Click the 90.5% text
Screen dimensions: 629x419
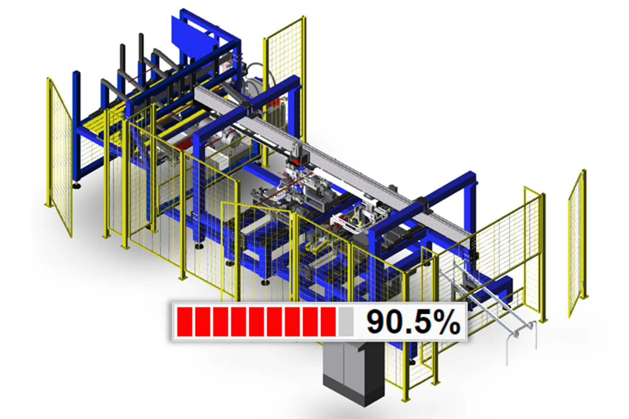[x=413, y=322]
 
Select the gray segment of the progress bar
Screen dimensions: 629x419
[x=346, y=322]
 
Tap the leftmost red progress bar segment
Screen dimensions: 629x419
[x=185, y=322]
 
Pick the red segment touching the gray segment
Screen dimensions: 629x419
[x=328, y=322]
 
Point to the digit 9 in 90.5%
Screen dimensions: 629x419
[x=376, y=322]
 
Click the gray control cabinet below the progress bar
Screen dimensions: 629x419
[x=354, y=373]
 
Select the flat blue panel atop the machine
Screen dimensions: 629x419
[x=193, y=36]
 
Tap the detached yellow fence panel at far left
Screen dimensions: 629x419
[x=59, y=157]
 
